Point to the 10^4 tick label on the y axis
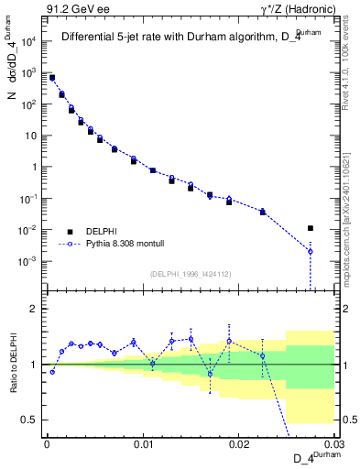[28, 41]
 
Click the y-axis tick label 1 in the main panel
[35, 167]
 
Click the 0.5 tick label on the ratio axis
[31, 420]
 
